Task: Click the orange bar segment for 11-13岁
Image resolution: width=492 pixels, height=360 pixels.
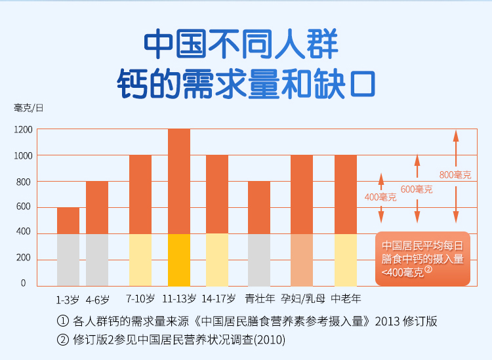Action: pyautogui.click(x=179, y=181)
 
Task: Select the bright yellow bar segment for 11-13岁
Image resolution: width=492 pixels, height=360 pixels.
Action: pyautogui.click(x=179, y=260)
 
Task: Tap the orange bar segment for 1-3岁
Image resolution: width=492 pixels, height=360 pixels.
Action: pyautogui.click(x=68, y=220)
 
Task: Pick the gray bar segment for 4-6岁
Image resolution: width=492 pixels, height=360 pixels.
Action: pyautogui.click(x=97, y=260)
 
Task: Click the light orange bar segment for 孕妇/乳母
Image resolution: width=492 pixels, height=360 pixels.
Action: pyautogui.click(x=302, y=260)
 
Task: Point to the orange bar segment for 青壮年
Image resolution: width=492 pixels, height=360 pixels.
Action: pyautogui.click(x=259, y=207)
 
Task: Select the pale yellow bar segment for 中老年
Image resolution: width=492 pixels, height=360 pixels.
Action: pyautogui.click(x=346, y=260)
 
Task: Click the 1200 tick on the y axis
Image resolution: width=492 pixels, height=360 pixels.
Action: pyautogui.click(x=23, y=129)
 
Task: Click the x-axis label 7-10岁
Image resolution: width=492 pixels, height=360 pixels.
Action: pyautogui.click(x=140, y=299)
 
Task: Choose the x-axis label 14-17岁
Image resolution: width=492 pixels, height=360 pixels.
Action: pyautogui.click(x=217, y=299)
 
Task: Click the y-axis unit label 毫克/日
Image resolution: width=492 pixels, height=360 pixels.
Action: pyautogui.click(x=29, y=108)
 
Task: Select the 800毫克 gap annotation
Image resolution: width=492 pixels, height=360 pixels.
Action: pyautogui.click(x=455, y=174)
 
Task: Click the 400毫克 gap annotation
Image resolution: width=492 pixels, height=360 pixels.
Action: pyautogui.click(x=380, y=197)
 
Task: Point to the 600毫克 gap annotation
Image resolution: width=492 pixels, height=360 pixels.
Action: pyautogui.click(x=416, y=190)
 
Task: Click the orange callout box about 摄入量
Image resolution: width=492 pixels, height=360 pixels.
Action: pyautogui.click(x=422, y=258)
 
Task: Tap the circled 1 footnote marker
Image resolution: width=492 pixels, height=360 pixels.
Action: pyautogui.click(x=63, y=321)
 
